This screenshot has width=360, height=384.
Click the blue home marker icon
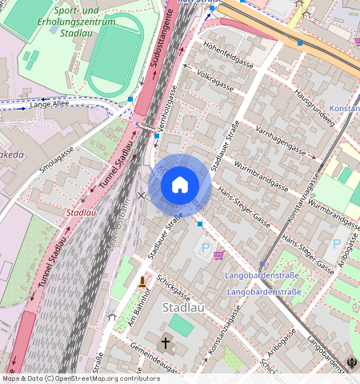pos(180,185)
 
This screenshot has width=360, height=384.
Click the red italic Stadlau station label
pos(82,213)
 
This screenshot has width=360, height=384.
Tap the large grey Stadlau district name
pos(182,307)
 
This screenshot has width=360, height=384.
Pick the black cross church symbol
pos(166,342)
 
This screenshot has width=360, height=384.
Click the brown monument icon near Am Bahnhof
pos(142,282)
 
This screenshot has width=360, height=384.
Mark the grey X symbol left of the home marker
pos(142,195)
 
